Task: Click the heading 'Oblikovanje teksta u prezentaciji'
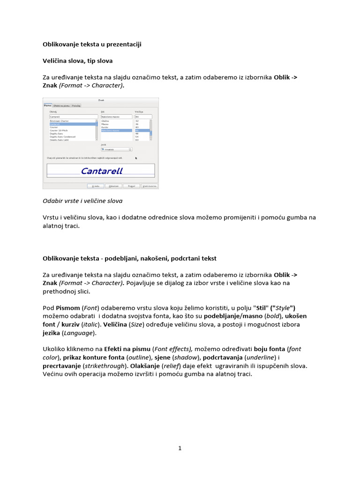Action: [92, 45]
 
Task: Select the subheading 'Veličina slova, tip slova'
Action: [77, 61]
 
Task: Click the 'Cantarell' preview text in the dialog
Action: [102, 171]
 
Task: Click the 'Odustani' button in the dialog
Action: [114, 186]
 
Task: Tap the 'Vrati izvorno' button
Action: [150, 186]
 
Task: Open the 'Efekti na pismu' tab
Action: [61, 106]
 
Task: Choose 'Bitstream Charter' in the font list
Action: [60, 120]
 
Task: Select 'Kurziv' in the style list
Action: [105, 127]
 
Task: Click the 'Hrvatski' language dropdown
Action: [116, 150]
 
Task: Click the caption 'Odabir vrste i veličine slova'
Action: [82, 201]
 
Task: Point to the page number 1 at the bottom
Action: [180, 448]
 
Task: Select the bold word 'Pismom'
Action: [68, 308]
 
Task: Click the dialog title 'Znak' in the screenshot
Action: [101, 100]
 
